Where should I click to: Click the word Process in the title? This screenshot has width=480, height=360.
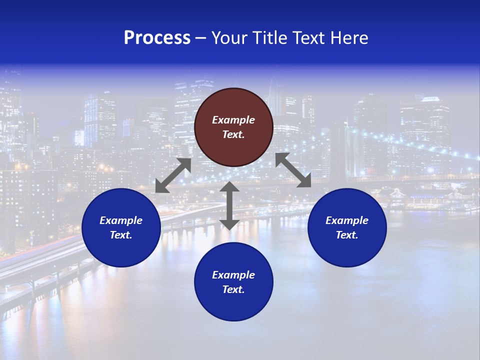(x=157, y=38)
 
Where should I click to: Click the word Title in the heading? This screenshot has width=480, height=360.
(x=269, y=38)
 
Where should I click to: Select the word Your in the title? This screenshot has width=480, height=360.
(x=230, y=38)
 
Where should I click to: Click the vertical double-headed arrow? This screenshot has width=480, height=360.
(x=229, y=205)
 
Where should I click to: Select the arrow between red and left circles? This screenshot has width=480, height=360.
(x=173, y=175)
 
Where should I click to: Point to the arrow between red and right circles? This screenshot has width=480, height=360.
(x=293, y=170)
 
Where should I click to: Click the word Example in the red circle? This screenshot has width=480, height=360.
(x=233, y=120)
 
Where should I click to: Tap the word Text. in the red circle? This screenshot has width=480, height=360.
(x=233, y=134)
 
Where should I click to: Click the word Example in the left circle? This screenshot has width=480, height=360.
(x=121, y=220)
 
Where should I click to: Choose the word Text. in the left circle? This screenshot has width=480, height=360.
(x=121, y=235)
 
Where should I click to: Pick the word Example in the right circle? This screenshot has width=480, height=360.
(x=347, y=220)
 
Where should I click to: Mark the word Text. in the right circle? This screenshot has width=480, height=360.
(x=347, y=235)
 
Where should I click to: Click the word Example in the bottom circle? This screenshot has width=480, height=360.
(x=233, y=275)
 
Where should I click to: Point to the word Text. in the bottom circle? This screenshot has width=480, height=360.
(x=233, y=289)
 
